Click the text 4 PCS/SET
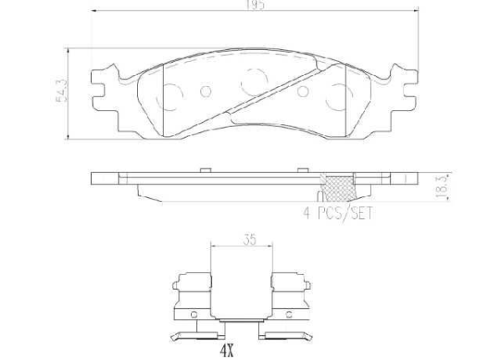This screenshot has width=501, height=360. [337, 214]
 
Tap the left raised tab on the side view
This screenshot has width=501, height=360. [203, 170]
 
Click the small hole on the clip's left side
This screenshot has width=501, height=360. [193, 315]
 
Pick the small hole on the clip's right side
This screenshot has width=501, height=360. [286, 315]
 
